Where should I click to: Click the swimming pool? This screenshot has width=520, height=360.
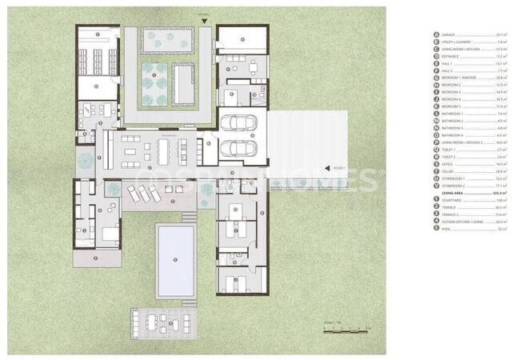point(175,258)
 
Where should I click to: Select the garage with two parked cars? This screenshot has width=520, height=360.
point(239,137)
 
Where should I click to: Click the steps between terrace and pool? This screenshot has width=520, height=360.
point(189,217)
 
